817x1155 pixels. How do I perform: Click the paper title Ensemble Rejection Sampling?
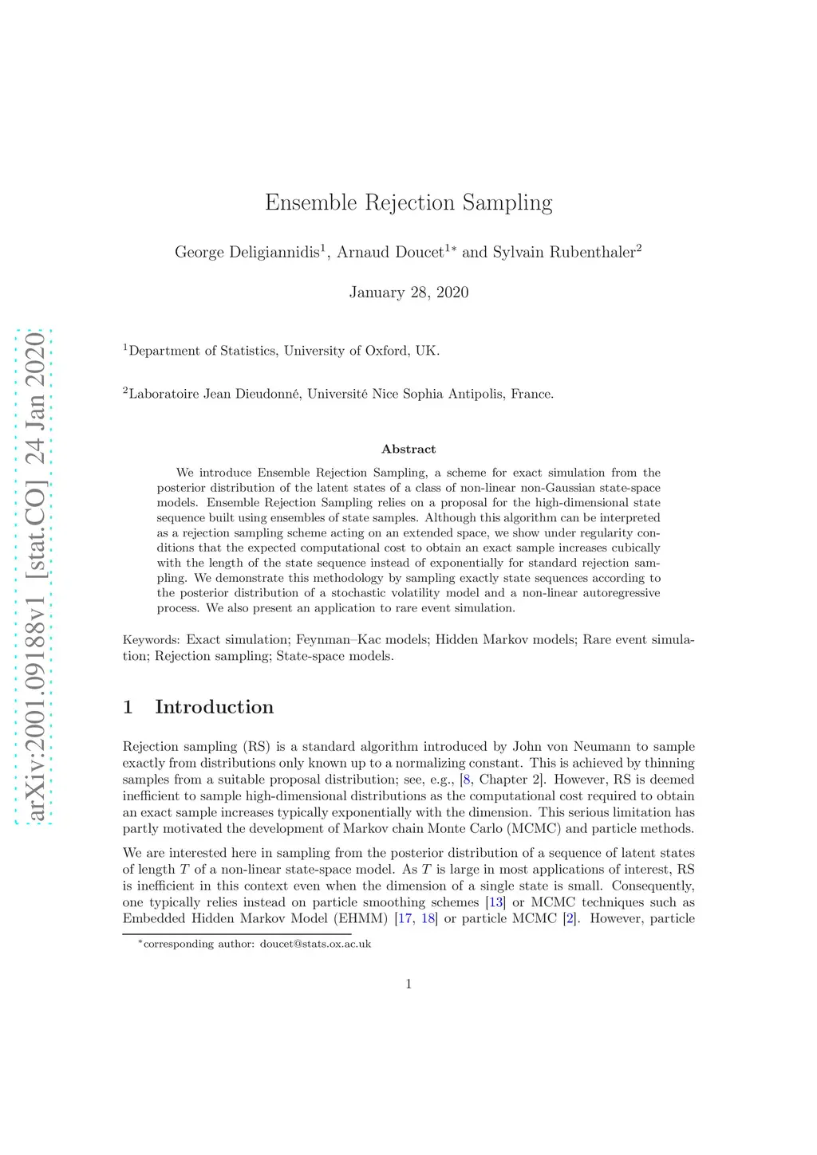point(408,202)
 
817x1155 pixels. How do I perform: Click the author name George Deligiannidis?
point(247,253)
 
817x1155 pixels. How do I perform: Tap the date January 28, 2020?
point(408,293)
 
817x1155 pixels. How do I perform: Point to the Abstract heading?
point(408,450)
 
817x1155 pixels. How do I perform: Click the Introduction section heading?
point(214,707)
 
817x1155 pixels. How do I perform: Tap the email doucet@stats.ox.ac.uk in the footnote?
point(316,945)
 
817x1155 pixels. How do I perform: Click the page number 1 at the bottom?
point(408,984)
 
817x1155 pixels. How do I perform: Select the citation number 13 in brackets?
point(496,902)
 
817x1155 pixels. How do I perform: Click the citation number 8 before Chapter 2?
point(467,780)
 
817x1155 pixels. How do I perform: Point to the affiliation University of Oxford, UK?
point(361,351)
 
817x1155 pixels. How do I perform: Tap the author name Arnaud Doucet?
point(389,253)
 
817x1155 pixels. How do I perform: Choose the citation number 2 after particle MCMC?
point(570,918)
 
